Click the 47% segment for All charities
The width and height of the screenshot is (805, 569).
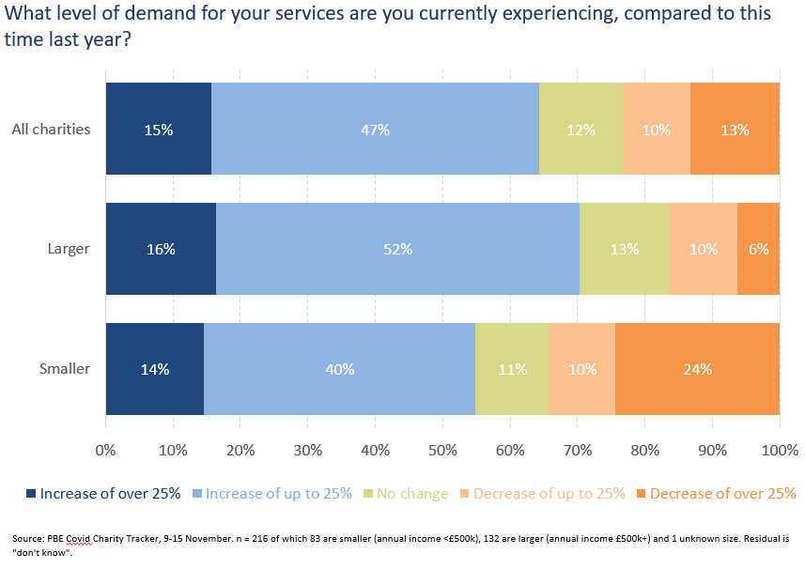pyautogui.click(x=376, y=129)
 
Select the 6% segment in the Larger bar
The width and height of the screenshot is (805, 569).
pyautogui.click(x=758, y=249)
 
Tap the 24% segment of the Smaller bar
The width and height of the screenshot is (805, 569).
pyautogui.click(x=697, y=369)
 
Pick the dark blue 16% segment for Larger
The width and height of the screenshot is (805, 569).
pyautogui.click(x=162, y=249)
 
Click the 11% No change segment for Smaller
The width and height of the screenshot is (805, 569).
pyautogui.click(x=512, y=369)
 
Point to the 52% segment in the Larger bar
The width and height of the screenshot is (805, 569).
pyautogui.click(x=398, y=249)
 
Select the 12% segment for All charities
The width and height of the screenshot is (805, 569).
pyautogui.click(x=581, y=129)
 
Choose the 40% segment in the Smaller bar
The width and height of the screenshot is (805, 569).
pyautogui.click(x=339, y=369)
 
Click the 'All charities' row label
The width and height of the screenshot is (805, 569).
pyautogui.click(x=51, y=130)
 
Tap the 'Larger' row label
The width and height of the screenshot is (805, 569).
pyautogui.click(x=69, y=249)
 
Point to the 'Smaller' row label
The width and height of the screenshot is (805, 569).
pyautogui.click(x=65, y=368)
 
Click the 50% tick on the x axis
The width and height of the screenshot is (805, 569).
pyautogui.click(x=442, y=451)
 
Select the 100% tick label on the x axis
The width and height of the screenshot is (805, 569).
pyautogui.click(x=780, y=451)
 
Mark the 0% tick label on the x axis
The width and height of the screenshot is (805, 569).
pyautogui.click(x=106, y=451)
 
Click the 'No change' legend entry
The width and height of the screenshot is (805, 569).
pyautogui.click(x=406, y=494)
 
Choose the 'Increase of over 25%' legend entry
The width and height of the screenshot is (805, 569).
pyautogui.click(x=103, y=494)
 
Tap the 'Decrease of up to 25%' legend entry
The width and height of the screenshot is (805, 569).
pyautogui.click(x=543, y=494)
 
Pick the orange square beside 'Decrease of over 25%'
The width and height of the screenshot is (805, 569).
pyautogui.click(x=641, y=494)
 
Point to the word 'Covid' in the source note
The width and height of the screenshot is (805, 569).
pyautogui.click(x=79, y=539)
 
